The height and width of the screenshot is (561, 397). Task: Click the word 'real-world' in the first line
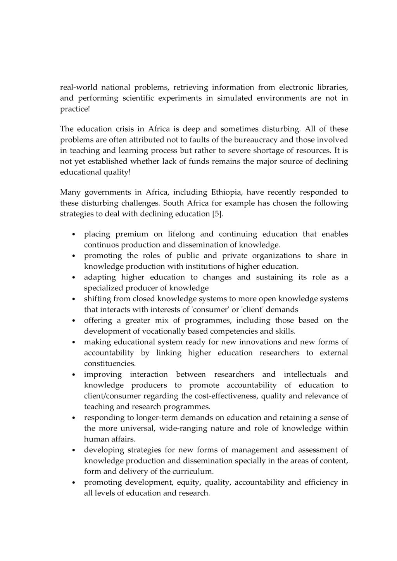(x=76, y=87)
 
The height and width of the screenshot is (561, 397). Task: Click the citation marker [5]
(x=217, y=214)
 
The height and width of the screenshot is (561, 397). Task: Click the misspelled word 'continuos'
(x=102, y=245)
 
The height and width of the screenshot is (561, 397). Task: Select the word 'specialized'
(x=102, y=288)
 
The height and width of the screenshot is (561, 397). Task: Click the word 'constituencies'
(x=110, y=364)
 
